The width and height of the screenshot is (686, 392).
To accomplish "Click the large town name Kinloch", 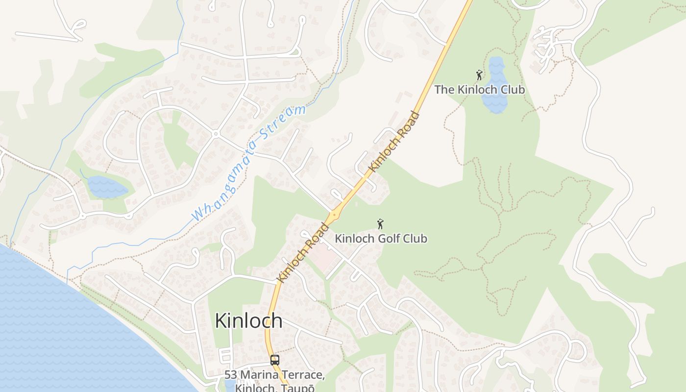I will click(248, 321).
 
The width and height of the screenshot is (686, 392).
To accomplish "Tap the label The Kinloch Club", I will click(479, 90).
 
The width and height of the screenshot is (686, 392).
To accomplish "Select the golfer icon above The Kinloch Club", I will click(479, 75).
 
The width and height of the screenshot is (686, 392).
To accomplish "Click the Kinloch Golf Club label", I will click(380, 239).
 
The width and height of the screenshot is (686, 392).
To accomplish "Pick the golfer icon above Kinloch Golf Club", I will click(380, 224).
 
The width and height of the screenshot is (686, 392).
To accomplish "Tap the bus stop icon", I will click(274, 360).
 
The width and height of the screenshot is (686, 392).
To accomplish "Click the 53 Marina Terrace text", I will click(274, 375).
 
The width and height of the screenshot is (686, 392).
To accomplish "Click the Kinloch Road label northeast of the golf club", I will click(394, 142).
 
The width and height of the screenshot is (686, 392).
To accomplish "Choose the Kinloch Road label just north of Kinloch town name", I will click(303, 252).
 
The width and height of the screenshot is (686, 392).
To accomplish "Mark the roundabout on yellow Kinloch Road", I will click(334, 215).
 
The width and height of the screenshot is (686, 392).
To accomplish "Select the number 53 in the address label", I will click(231, 375).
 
